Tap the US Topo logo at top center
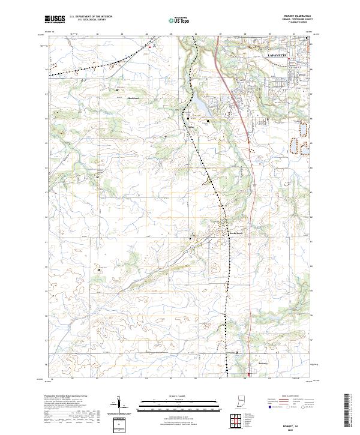(181, 20)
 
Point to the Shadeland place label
(133, 98)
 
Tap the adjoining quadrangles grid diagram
(233, 419)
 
